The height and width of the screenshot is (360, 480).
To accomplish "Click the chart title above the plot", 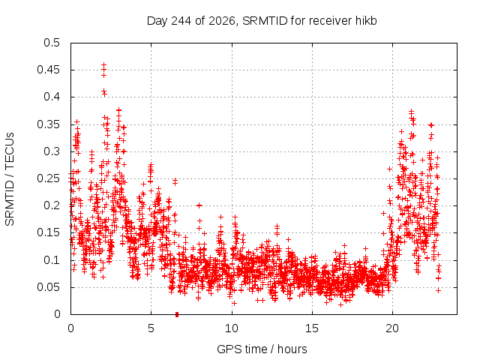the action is [x=262, y=21].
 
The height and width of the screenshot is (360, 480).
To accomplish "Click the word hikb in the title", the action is [x=366, y=21].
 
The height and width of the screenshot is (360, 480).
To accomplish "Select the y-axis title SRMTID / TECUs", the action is [x=10, y=179].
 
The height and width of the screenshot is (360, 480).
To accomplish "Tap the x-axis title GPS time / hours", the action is [x=262, y=349].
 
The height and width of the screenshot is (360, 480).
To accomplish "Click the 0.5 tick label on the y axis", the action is [x=52, y=43].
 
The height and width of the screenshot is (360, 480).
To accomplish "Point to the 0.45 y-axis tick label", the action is [x=49, y=70].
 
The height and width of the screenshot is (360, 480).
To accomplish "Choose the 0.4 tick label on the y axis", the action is [x=52, y=97].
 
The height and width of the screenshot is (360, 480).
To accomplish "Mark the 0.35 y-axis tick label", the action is [x=49, y=124].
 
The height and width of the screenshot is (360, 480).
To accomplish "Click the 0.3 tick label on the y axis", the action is [x=52, y=151].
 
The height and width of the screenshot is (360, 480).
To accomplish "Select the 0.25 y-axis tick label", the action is [x=49, y=178].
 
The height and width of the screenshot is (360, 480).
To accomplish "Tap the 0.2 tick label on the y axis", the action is [x=52, y=205].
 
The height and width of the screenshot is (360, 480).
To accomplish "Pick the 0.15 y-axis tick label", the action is [x=49, y=232].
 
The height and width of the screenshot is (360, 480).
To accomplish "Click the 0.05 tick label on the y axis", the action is [x=49, y=287].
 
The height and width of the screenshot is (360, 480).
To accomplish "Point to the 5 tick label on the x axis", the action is [x=151, y=328].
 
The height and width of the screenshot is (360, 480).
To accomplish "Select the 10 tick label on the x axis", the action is [x=232, y=328].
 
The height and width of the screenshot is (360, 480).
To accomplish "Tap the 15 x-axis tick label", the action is [x=312, y=328].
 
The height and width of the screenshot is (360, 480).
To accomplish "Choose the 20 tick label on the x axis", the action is [x=392, y=328].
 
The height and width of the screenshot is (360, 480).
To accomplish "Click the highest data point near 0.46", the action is [x=103, y=64].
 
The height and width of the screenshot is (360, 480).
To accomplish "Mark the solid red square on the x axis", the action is [x=177, y=314].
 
